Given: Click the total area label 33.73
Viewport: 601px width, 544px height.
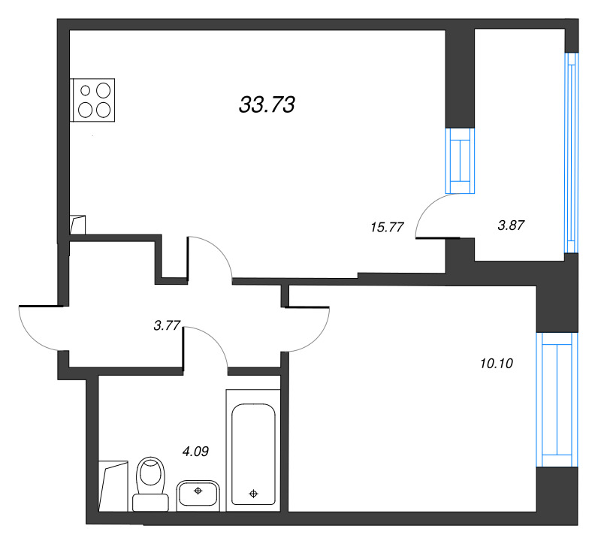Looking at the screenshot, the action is click(267, 104).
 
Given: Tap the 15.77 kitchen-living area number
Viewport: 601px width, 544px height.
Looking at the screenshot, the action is click(387, 228).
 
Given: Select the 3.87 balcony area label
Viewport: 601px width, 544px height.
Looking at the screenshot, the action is click(511, 225).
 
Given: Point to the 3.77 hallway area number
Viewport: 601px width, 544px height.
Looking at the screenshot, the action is click(167, 325).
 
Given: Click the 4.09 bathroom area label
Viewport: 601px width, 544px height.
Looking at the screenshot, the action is click(195, 452).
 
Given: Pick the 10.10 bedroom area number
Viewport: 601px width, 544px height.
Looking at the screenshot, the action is click(497, 363).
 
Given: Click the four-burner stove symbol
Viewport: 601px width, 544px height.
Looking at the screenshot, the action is click(92, 101).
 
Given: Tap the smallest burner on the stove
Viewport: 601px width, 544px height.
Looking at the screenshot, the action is click(86, 90).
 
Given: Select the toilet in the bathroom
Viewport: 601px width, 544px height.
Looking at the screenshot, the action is click(151, 484).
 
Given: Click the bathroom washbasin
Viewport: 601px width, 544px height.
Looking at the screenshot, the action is click(198, 494).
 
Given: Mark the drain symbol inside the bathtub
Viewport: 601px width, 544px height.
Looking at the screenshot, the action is click(253, 494).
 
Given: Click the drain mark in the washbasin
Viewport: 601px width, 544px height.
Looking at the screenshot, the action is click(198, 491).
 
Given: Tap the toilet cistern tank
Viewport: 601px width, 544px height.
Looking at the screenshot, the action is click(151, 503).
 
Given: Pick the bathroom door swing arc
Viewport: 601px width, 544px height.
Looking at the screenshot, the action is click(215, 340).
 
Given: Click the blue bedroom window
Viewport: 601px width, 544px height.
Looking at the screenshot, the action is click(557, 400).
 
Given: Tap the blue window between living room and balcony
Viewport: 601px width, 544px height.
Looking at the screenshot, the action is click(460, 161).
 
